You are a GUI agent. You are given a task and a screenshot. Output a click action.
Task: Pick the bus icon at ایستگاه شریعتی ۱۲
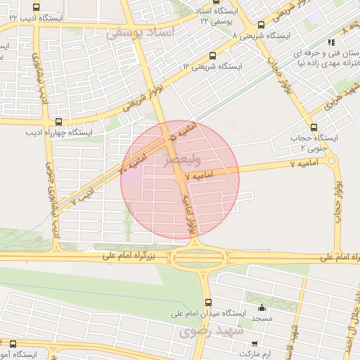(x=213, y=56)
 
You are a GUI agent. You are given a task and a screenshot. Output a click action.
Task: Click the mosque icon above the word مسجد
(x=262, y=307)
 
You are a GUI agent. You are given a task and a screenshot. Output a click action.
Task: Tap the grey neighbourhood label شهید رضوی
(x=219, y=330)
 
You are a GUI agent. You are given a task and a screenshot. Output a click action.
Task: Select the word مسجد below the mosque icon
(x=262, y=319)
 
